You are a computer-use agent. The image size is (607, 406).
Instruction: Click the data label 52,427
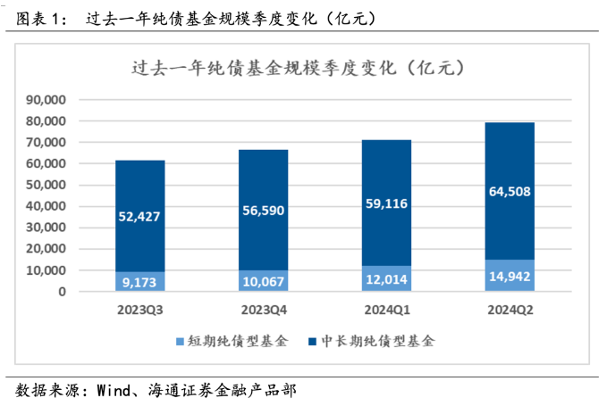[140, 217]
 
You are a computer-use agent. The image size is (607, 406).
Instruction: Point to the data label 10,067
[263, 281]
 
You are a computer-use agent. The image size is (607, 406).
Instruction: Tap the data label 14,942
[510, 276]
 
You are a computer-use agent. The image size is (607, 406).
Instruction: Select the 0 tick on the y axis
[63, 292]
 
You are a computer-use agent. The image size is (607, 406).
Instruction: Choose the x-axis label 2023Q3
[140, 310]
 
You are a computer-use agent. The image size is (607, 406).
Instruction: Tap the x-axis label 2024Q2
[510, 310]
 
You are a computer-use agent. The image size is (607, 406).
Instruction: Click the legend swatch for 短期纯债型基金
[180, 342]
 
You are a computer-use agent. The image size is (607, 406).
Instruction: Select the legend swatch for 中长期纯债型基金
[311, 342]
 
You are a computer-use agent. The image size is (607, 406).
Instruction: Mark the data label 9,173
[140, 282]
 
